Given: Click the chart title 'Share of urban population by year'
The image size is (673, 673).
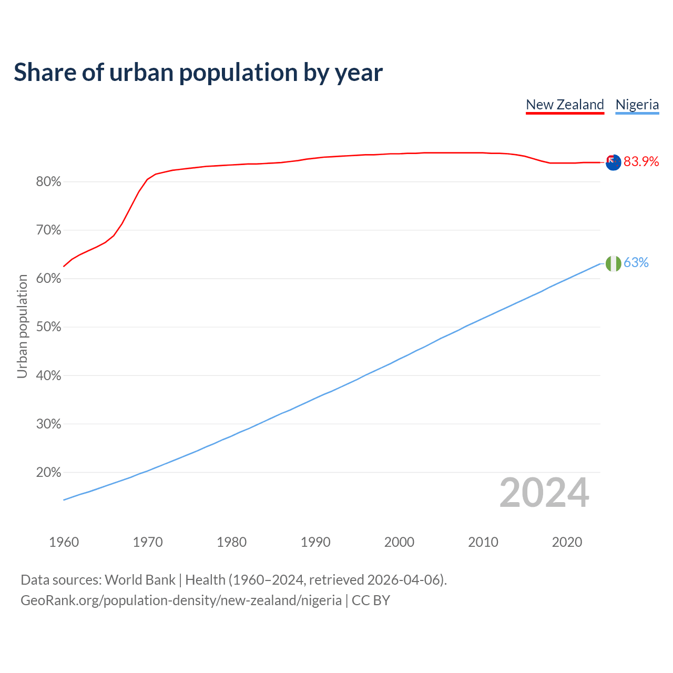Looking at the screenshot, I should tap(198, 73).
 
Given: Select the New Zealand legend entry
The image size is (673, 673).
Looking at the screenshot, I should tap(565, 105).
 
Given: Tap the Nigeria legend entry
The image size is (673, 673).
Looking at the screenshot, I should tap(637, 105).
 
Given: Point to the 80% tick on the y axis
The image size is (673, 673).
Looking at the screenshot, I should tap(48, 182).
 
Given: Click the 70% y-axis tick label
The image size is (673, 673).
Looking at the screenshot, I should tap(48, 230).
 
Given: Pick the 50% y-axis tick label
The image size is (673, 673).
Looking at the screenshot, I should tap(48, 327).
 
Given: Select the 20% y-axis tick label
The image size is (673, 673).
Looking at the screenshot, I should tap(48, 473).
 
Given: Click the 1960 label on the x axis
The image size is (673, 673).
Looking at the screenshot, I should tap(64, 542).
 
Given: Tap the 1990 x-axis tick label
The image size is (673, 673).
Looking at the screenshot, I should tap(315, 542).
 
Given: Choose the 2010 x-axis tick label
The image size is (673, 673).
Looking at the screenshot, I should tap(483, 542).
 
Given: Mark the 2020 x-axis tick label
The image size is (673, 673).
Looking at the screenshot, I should tap(567, 542).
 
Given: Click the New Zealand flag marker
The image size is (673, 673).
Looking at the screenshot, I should tap(613, 162).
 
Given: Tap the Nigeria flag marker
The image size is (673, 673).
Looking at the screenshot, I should tap(613, 263).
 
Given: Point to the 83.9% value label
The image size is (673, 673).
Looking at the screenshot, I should tap(641, 162).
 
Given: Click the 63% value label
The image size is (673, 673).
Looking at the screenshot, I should tap(636, 263).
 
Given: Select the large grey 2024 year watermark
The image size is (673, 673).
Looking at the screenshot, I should tap(544, 493).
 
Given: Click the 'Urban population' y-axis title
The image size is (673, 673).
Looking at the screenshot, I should tap(22, 326).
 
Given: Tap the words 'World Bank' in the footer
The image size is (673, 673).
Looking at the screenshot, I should tap(140, 580).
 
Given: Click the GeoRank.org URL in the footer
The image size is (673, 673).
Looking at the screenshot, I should tap(181, 600).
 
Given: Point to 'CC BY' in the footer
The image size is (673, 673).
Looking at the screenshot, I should tap(371, 600).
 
